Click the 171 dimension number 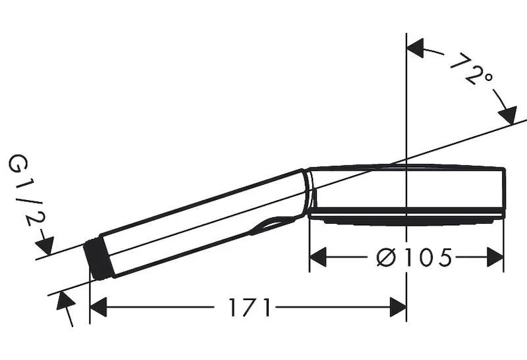point(250,307)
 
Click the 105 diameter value point(428,258)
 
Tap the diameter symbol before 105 point(387,258)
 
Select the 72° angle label point(470,70)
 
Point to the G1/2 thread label point(27,190)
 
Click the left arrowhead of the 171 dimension point(98,307)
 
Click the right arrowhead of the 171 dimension point(398,307)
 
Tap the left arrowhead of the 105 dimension point(318,257)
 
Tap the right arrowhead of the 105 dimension point(495,257)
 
